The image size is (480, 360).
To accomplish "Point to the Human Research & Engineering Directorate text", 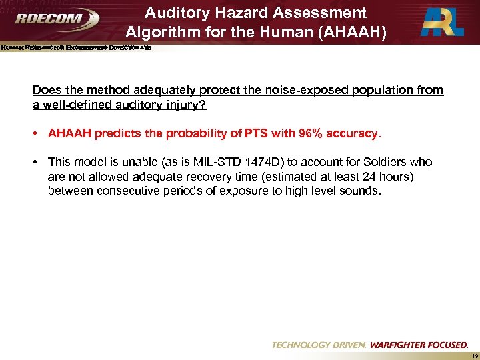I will [76, 48].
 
